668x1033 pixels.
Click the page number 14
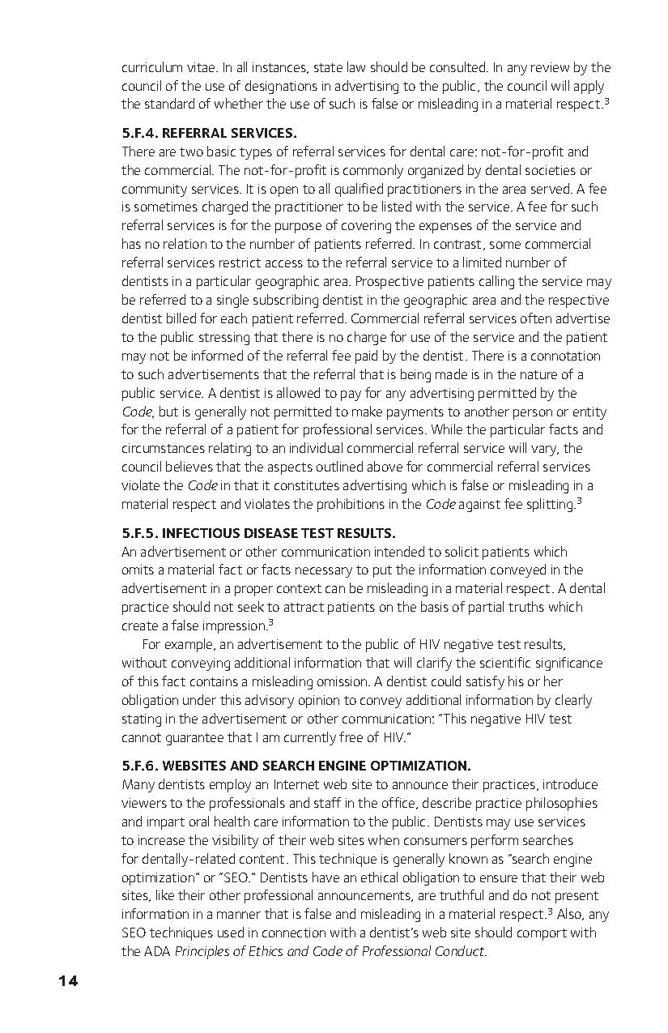pyautogui.click(x=68, y=981)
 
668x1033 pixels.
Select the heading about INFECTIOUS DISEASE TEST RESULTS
pyautogui.click(x=258, y=533)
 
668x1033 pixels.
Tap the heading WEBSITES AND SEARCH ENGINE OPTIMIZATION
pyautogui.click(x=296, y=766)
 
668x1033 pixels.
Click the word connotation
pyautogui.click(x=565, y=356)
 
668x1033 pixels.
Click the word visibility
pyautogui.click(x=223, y=840)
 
